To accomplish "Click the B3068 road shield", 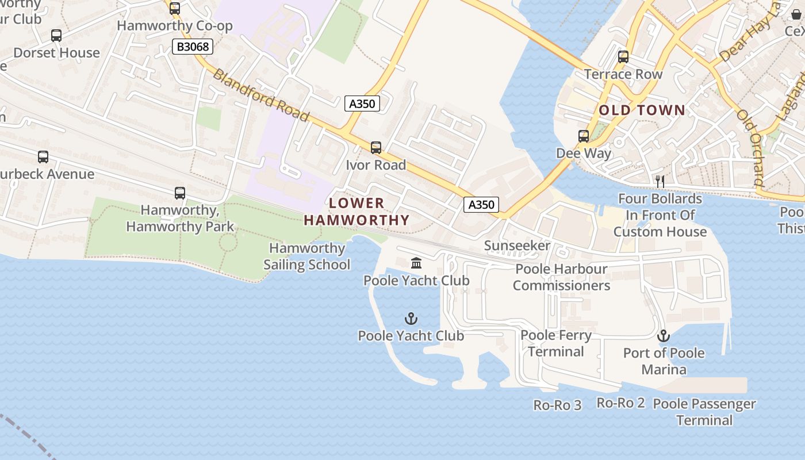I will point(192,46).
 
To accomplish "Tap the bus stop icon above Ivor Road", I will point(376,148).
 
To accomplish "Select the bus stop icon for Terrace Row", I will point(623,57).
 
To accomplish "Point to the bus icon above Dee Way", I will point(584,136).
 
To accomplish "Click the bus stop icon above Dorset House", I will point(56,36).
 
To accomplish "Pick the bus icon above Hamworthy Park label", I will point(180,193).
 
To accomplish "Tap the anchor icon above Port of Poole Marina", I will point(664,336).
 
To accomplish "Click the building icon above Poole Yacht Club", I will point(416,263).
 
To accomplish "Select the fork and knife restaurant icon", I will point(660,182).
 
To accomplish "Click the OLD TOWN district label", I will point(642,110).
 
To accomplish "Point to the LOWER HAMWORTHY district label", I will point(356,212).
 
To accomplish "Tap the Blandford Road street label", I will point(261,95).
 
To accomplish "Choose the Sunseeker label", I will point(517,246).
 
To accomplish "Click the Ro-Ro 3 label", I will point(557,405).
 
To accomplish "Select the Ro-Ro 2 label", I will point(621,402).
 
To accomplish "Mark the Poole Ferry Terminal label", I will point(556,343).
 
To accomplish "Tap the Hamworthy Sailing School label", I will point(307,256).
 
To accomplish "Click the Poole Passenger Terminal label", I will point(704,412).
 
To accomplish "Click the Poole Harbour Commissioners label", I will point(561,277).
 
